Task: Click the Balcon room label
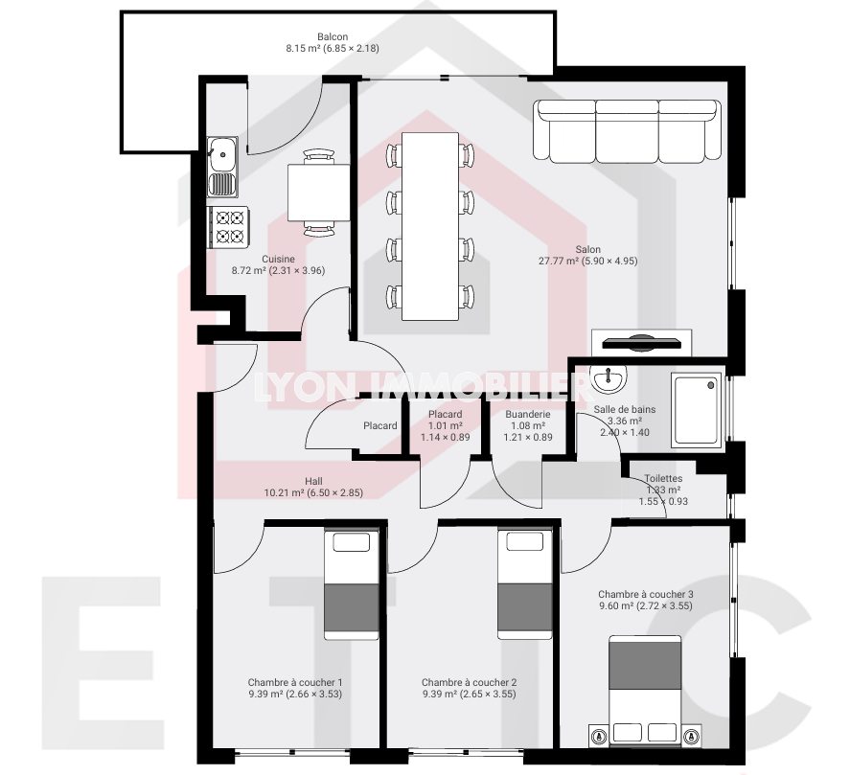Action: [x=333, y=36]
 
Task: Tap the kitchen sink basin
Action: [x=222, y=153]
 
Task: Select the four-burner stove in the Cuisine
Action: [x=229, y=226]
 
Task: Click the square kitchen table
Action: [x=319, y=193]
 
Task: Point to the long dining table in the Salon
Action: [x=430, y=226]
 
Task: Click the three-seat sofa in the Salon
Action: [x=627, y=131]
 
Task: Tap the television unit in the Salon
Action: [x=641, y=343]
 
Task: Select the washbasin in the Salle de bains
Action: [x=609, y=377]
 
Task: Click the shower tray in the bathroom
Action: [x=697, y=410]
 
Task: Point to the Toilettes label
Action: [x=663, y=479]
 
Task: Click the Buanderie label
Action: [x=527, y=415]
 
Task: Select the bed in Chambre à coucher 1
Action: [x=352, y=583]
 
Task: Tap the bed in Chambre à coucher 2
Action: [x=525, y=583]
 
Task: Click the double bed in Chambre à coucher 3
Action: [x=645, y=691]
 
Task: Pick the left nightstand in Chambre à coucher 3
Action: [x=599, y=736]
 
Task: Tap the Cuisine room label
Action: [x=278, y=259]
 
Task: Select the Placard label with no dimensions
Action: [x=380, y=426]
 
